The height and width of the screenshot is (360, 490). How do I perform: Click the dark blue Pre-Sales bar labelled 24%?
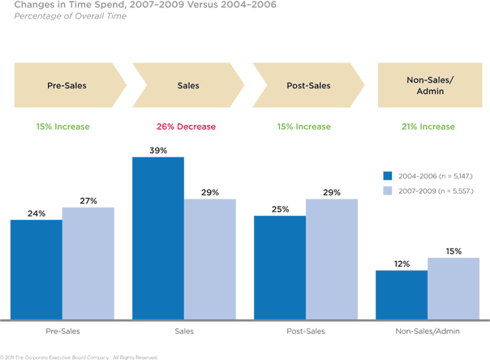coord(37,269)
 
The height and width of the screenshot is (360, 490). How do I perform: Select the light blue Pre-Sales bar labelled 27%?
coord(88,263)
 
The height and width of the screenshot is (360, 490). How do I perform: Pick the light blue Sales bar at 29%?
coord(210,259)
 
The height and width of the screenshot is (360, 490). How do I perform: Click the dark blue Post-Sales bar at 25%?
coord(280,267)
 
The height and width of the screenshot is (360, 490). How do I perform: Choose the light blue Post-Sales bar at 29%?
coord(332,259)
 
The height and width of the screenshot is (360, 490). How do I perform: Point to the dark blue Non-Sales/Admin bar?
coord(402,294)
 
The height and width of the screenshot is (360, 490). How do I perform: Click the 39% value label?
coord(158,149)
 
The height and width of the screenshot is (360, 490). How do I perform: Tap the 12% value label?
coord(402,264)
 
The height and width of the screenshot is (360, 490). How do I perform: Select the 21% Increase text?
coord(428,126)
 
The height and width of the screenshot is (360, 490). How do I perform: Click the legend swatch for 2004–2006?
coord(388,174)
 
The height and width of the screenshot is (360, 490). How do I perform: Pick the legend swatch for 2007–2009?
coord(388,190)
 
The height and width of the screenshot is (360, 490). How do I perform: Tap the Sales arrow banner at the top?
coord(188,85)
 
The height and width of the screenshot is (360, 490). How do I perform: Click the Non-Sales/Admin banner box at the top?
coord(428,85)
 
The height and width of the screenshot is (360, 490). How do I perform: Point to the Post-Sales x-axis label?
coord(307,332)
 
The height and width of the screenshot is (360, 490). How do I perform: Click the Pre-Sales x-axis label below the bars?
coord(63,332)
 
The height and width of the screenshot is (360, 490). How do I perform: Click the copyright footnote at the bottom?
coord(79,356)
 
